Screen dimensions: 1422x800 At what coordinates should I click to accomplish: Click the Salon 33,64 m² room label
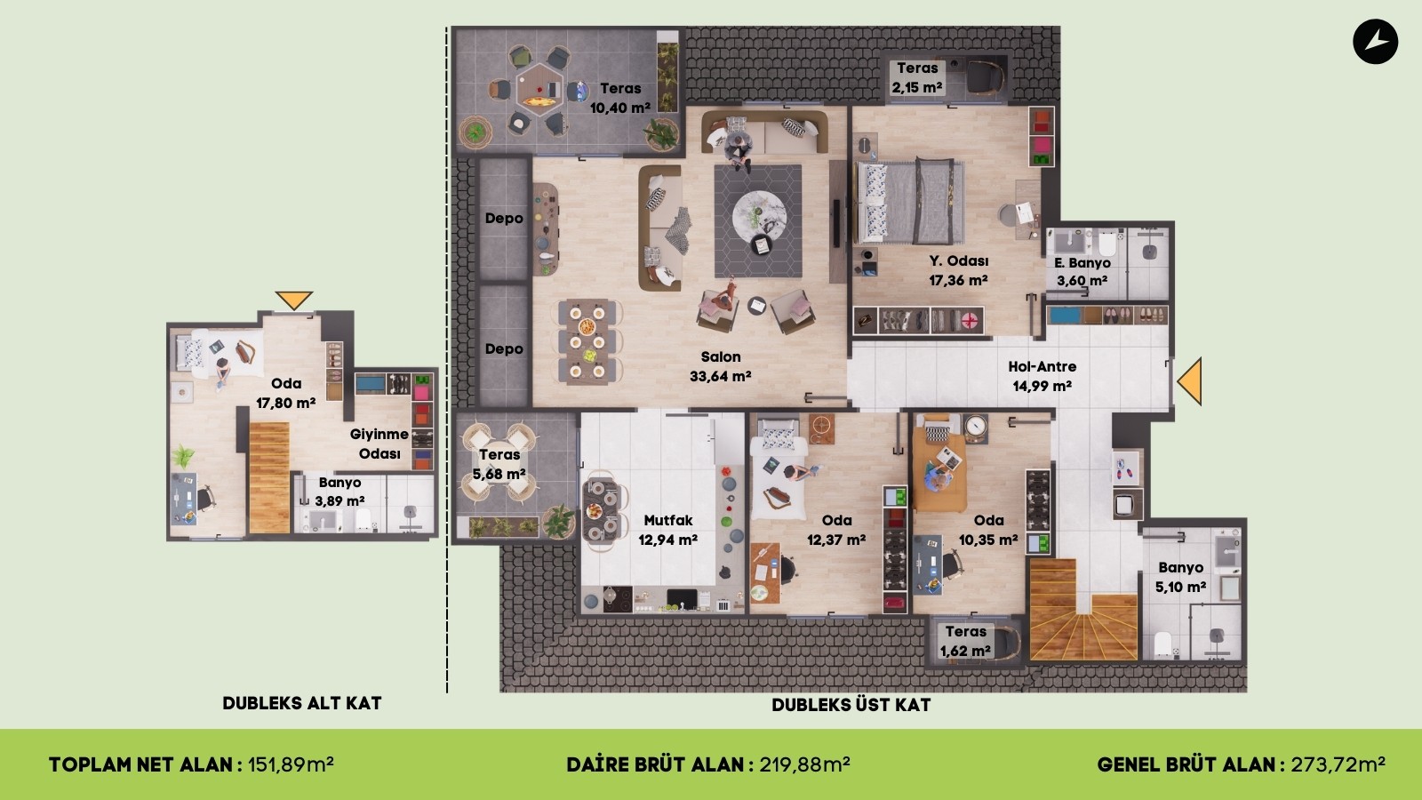coord(721,366)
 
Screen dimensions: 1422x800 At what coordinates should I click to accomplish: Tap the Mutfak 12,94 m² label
coord(667,530)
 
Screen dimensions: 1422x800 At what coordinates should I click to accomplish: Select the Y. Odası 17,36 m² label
coord(959,270)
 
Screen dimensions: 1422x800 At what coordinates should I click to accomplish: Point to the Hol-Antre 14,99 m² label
coord(1043,376)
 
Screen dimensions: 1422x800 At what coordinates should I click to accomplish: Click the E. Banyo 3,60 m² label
coord(1082,272)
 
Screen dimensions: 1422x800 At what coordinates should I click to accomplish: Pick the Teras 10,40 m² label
coord(620,99)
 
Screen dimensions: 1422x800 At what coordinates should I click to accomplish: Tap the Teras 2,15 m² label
coord(917,77)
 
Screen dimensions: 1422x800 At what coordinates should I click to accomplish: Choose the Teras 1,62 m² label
coord(965,641)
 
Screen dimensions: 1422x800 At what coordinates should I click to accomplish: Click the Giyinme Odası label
coord(379,444)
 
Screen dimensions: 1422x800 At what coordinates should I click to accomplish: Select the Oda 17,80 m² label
coord(285,393)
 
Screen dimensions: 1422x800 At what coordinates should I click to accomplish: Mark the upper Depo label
coord(504,219)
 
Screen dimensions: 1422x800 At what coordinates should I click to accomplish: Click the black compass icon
coord(1375,42)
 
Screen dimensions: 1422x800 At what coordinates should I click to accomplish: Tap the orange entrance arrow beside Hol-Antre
coord(1190,381)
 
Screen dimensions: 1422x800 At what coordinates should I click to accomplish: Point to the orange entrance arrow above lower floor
coord(294,300)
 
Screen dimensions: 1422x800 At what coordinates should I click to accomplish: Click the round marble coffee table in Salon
coord(759,217)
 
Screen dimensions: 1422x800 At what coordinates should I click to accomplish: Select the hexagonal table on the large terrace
coord(539,90)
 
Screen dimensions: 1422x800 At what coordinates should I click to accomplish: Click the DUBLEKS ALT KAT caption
coord(302,703)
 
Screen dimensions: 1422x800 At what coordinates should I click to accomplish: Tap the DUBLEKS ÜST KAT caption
coord(851,704)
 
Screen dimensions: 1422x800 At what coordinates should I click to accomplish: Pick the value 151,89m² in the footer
coord(291,764)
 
